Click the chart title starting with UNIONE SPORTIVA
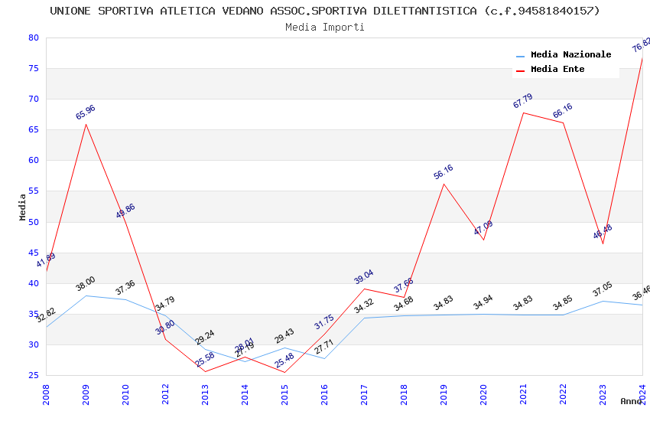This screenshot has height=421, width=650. click(x=325, y=11)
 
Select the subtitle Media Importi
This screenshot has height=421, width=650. click(x=325, y=27)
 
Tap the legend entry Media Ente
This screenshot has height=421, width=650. click(x=557, y=70)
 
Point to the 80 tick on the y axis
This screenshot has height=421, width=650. click(x=33, y=38)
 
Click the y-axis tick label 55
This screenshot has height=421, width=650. click(x=33, y=191)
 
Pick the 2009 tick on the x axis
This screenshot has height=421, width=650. click(x=86, y=394)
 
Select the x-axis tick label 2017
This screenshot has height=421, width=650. click(x=364, y=394)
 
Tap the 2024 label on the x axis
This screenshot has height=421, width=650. click(x=642, y=394)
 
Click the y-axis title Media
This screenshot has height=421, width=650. click(x=23, y=207)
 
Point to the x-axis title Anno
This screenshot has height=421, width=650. click(x=631, y=401)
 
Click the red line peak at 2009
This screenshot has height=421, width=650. click(x=86, y=124)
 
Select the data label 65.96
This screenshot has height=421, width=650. click(x=86, y=113)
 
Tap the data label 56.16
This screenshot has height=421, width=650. click(x=444, y=172)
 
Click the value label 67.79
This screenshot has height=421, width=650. click(x=523, y=101)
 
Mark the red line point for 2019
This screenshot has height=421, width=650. click(x=444, y=184)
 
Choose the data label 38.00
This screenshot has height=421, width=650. click(x=86, y=284)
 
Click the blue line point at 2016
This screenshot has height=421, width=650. click(x=324, y=358)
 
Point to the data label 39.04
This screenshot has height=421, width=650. click(x=364, y=277)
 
